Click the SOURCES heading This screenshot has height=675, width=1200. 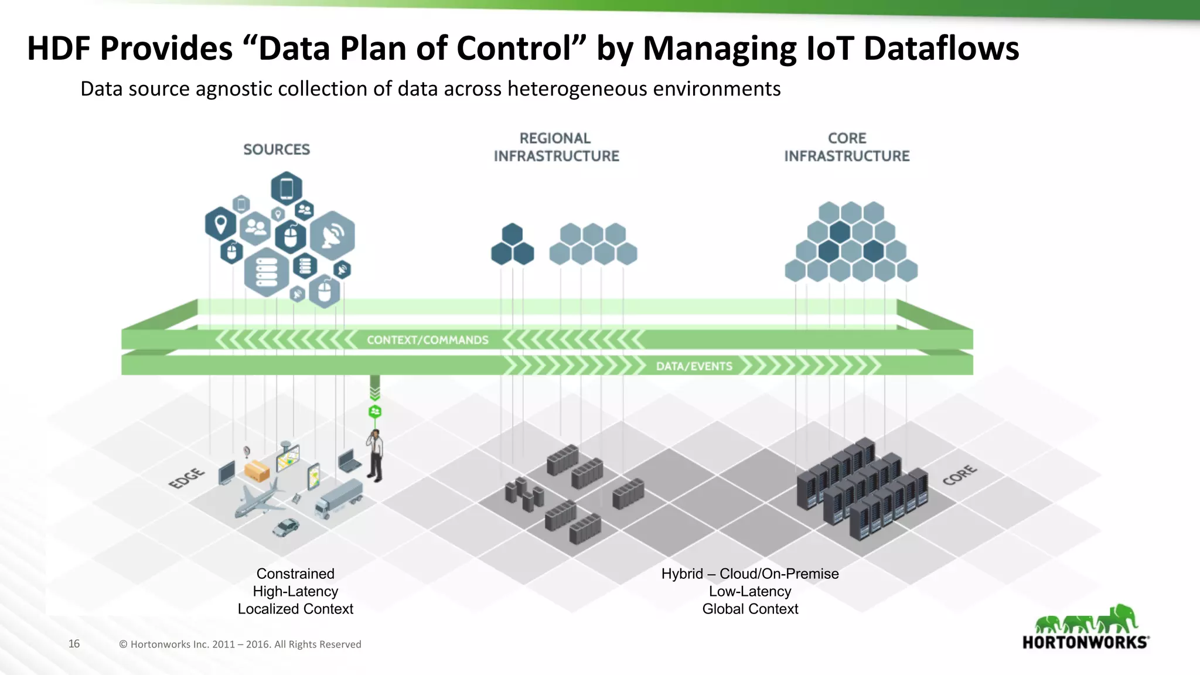coord(277,149)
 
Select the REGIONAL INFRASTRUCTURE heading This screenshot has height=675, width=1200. coord(556,147)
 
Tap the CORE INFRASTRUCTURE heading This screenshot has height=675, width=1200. coord(847,147)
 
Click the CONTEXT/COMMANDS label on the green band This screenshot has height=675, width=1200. coord(427,340)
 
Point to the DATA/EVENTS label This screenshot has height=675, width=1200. coord(694,366)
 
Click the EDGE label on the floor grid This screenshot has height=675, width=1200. coord(186,478)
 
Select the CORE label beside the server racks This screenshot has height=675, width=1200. coord(959,475)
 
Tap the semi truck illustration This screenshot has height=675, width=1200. coord(339,498)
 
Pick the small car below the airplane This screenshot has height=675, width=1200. coord(286,527)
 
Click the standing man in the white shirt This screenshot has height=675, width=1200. coord(375,456)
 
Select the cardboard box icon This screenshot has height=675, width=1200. coord(257,471)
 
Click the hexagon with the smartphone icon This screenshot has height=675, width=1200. coord(287,189)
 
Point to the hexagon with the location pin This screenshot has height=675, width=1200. coord(220,224)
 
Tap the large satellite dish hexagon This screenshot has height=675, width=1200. coord(332,236)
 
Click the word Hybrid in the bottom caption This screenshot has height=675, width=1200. coord(682,574)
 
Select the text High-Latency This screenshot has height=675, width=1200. coord(295,591)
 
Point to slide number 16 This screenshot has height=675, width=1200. coord(74,643)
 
